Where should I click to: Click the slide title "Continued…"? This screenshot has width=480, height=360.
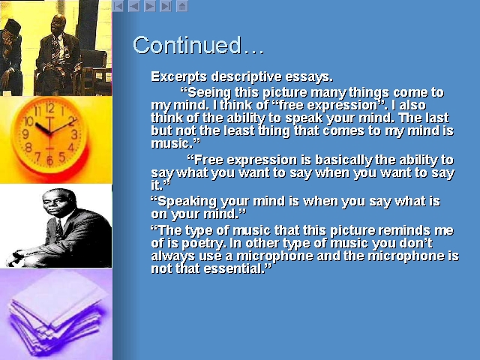[x=198, y=45]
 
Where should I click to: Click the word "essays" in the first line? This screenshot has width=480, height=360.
[x=308, y=76]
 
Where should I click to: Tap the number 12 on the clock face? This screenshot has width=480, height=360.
[x=50, y=108]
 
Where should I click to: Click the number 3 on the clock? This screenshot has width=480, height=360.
[x=74, y=134]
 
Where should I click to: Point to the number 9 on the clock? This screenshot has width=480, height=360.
[x=25, y=133]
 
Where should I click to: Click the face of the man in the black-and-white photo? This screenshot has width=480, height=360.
[x=56, y=204]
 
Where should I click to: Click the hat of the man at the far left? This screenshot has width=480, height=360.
[x=12, y=26]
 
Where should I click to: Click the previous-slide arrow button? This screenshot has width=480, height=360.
[x=133, y=6]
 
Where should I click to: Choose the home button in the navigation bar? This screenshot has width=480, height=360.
[x=182, y=6]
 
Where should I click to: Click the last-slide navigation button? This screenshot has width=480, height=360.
[x=166, y=6]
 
